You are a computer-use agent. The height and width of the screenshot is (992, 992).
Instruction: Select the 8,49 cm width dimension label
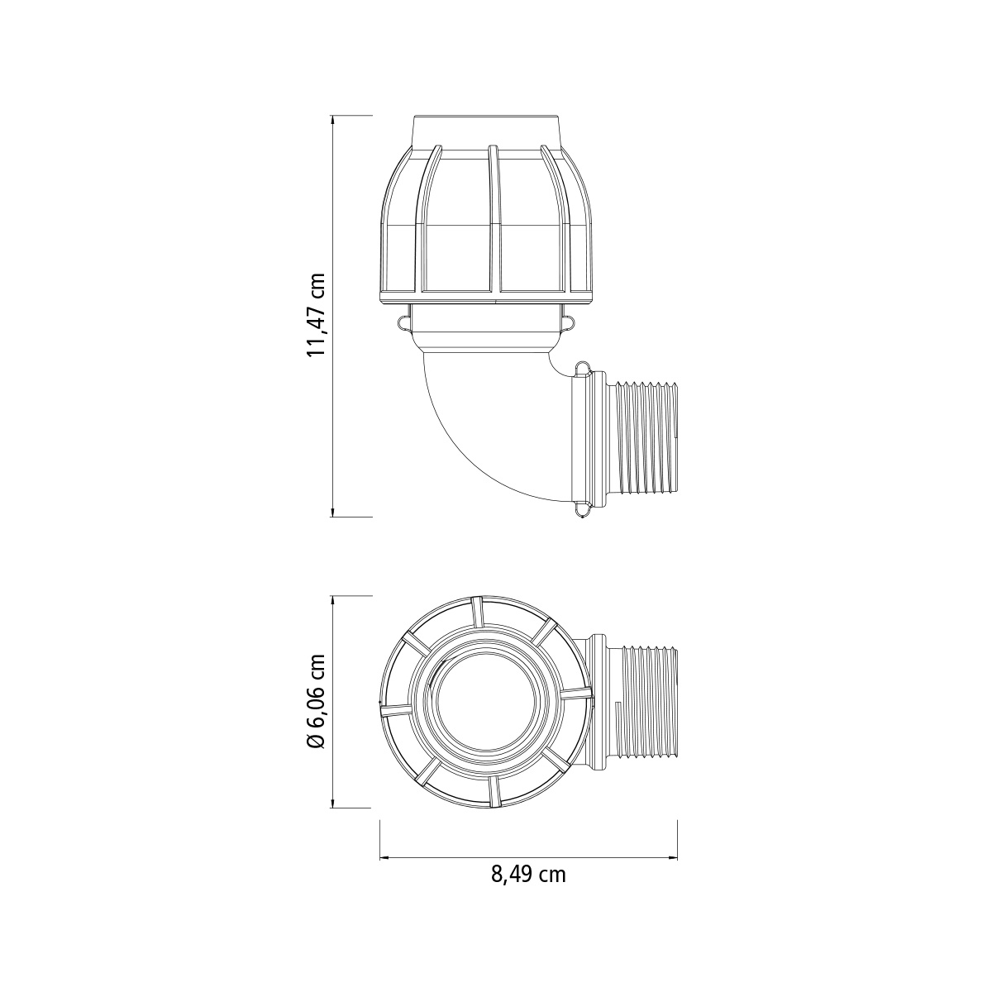pyautogui.click(x=528, y=875)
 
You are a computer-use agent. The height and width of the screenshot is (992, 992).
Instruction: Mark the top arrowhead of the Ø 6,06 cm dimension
pyautogui.click(x=334, y=602)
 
